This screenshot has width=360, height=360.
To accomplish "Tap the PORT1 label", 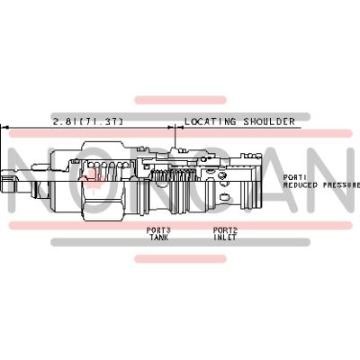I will click(x=295, y=176).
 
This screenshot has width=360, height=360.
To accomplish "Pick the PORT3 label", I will click(x=158, y=229).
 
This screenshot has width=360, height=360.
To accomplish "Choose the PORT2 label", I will click(x=224, y=229).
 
